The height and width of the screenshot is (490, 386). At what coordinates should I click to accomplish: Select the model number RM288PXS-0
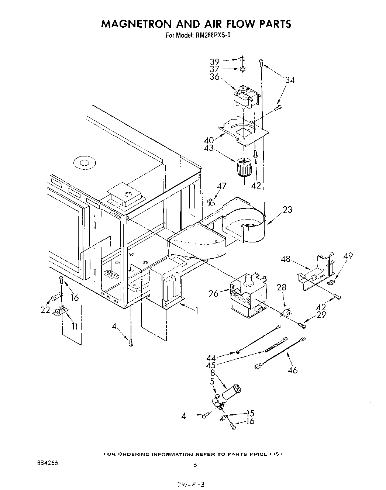point(212,35)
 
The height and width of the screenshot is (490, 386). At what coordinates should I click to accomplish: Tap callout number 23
point(287,210)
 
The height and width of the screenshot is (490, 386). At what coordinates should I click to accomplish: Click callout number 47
point(221,186)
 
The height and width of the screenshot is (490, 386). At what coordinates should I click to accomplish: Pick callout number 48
point(286,259)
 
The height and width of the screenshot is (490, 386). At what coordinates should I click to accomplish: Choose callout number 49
point(348,256)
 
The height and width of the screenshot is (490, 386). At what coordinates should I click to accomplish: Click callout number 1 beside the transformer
point(197,311)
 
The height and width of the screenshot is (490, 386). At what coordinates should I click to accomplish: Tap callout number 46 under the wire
point(292,370)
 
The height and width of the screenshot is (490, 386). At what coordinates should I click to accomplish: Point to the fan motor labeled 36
point(244,97)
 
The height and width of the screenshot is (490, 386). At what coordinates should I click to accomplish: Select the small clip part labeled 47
point(211,202)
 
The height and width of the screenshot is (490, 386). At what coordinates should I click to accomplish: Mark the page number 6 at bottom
point(195,465)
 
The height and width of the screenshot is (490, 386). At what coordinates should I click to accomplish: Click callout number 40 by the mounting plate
point(209,140)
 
